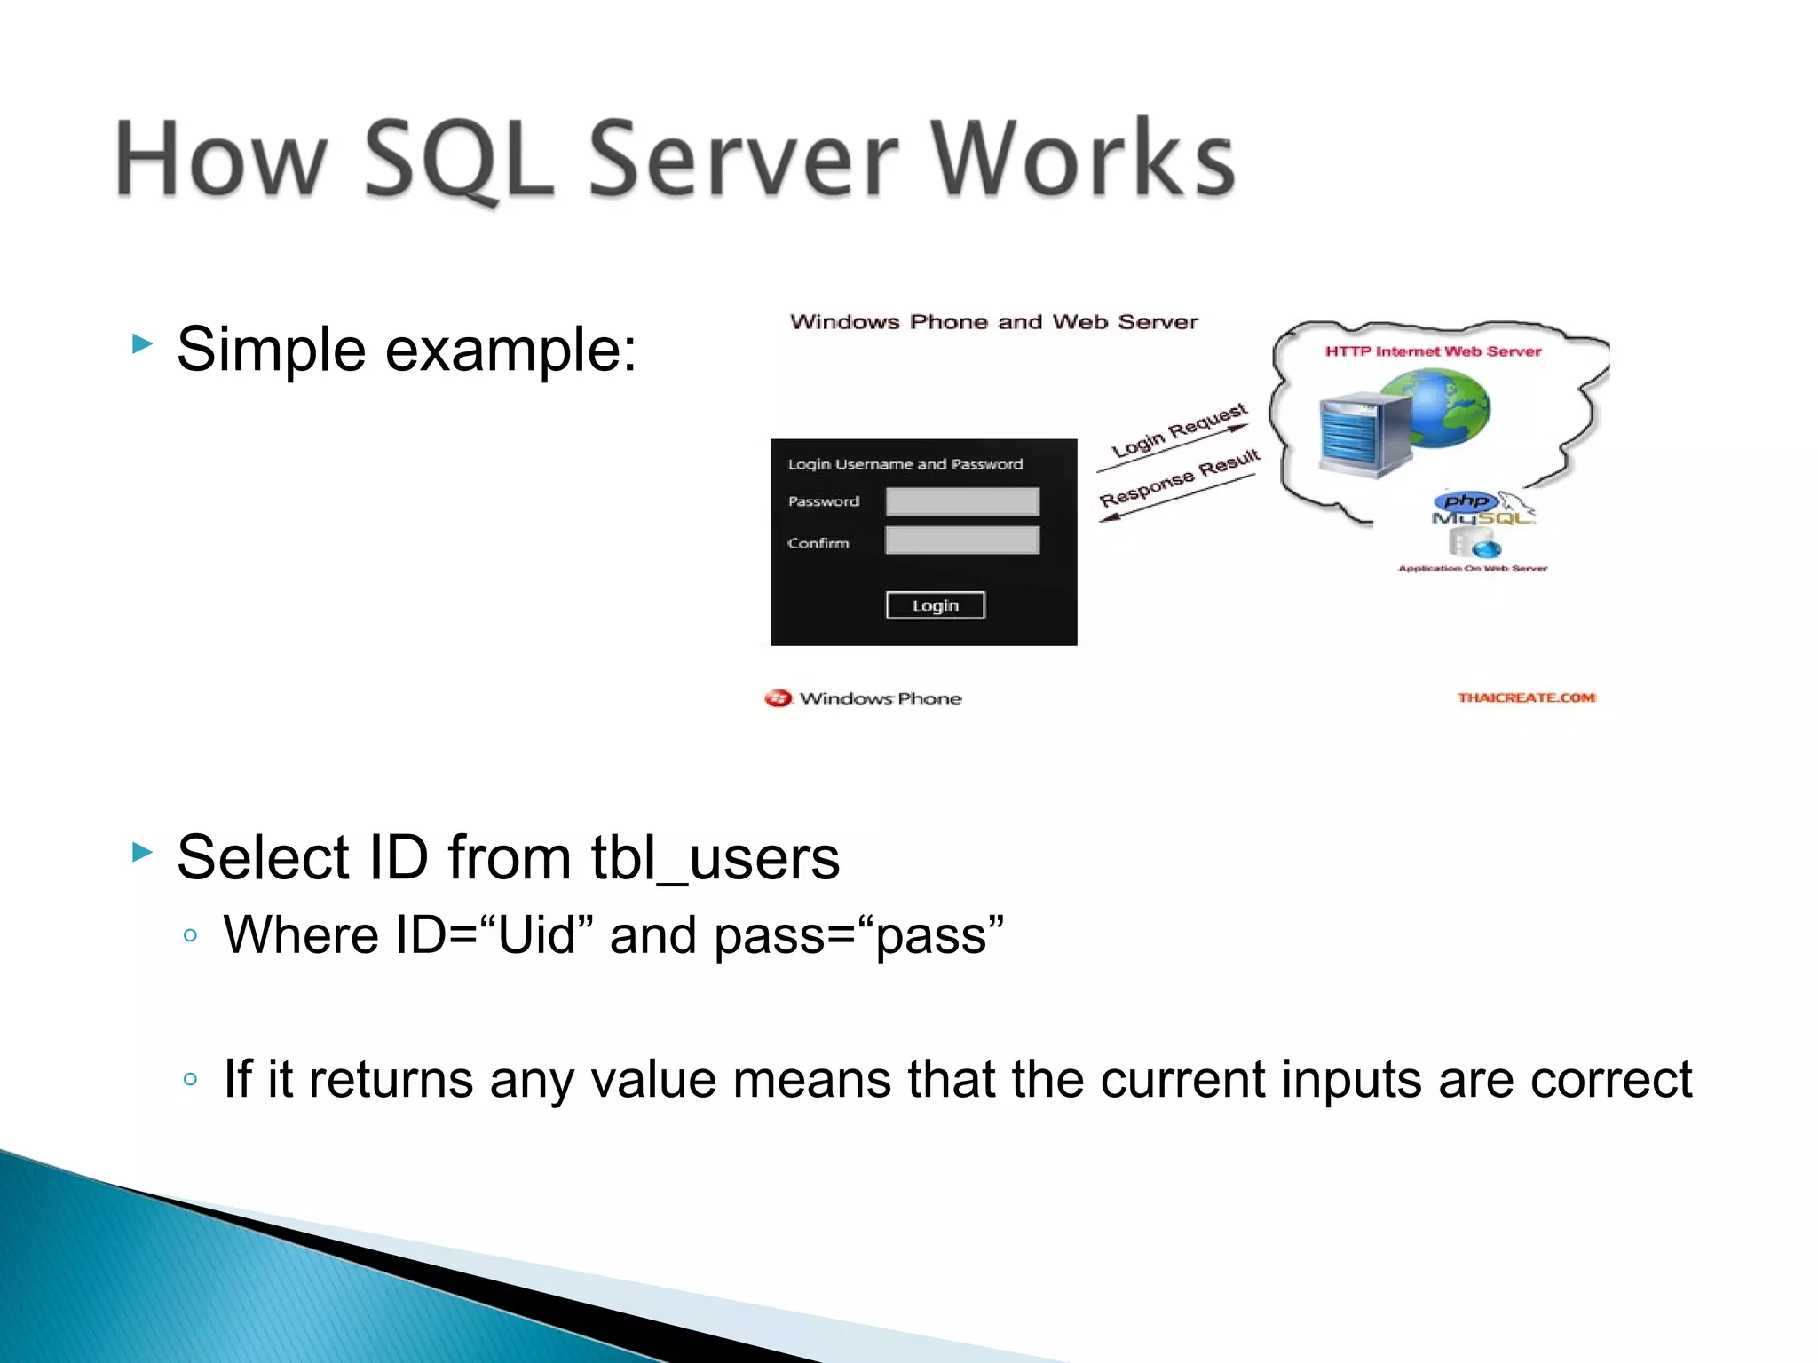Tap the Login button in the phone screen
pos(935,605)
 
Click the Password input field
pos(962,501)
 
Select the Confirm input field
pos(962,540)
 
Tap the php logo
pos(1466,501)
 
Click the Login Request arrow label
pos(1179,430)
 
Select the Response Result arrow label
pos(1180,478)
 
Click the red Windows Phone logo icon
pos(778,698)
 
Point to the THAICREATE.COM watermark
pos(1526,697)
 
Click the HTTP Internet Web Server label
pos(1433,351)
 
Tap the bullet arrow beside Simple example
pos(142,343)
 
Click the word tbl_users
pos(715,858)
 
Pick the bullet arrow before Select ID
pos(142,853)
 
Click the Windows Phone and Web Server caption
pos(993,322)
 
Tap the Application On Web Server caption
pos(1473,568)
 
